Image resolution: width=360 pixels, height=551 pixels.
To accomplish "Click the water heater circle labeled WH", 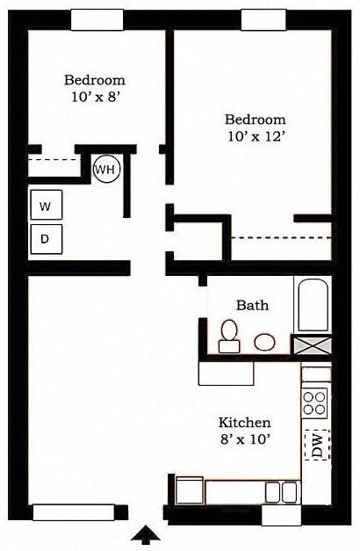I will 106,168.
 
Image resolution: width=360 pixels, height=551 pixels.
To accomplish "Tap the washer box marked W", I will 45,207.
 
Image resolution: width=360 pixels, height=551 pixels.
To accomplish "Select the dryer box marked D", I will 45,237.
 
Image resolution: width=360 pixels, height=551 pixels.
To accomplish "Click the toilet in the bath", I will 229,336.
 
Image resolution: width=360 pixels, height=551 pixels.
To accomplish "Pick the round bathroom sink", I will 263,342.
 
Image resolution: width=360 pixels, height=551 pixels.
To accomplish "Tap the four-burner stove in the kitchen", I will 315,402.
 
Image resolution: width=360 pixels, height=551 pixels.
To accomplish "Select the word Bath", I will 252,306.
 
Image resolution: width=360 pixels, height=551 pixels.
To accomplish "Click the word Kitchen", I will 244,423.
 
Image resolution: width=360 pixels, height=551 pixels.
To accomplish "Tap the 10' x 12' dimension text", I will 255,137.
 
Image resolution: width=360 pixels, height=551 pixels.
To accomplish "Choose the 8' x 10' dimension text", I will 244,440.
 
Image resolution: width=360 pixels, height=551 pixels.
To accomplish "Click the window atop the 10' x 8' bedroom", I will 97,19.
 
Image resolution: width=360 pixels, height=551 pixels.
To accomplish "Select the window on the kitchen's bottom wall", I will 286,516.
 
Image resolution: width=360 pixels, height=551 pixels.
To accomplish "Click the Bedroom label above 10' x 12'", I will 255,120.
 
